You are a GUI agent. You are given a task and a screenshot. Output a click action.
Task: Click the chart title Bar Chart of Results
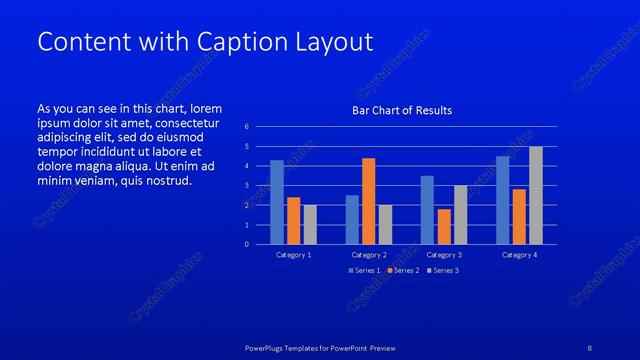point(401,110)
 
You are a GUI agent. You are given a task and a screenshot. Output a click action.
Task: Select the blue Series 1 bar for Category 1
point(277,202)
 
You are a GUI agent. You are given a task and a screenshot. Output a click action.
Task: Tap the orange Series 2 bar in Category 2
point(368,201)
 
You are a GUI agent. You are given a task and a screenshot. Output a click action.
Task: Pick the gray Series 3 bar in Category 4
point(536,195)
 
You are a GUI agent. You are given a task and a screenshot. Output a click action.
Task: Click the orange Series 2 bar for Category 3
point(444,226)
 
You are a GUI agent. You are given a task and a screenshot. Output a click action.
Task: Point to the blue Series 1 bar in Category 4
point(503,200)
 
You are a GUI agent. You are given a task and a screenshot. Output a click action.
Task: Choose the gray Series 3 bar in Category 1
point(310,224)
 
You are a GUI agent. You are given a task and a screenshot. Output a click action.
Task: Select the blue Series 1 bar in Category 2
point(352,219)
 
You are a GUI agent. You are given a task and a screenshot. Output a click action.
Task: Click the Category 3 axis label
point(444,255)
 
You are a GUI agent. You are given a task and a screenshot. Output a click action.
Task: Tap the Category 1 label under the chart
point(294,255)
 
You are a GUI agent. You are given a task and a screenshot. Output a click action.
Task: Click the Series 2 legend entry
point(404,271)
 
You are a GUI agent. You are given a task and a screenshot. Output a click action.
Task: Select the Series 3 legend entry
point(443,271)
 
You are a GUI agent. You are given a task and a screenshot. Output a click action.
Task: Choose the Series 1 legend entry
point(364,271)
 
